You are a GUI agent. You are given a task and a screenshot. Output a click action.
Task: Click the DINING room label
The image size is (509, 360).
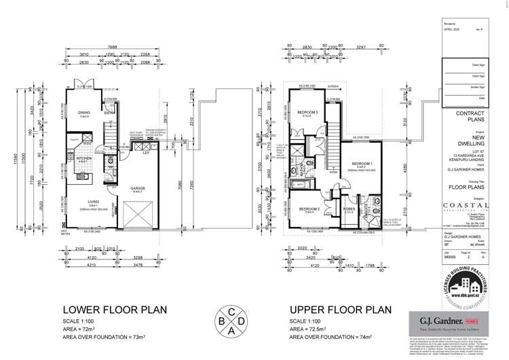click(x=85, y=113)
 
